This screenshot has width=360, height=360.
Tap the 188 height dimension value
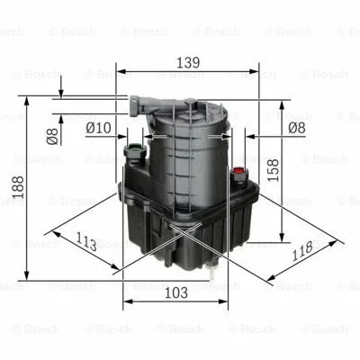(x=16, y=185)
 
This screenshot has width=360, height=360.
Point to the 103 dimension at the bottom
(x=176, y=292)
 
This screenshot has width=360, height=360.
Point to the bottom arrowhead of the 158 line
(x=263, y=238)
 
